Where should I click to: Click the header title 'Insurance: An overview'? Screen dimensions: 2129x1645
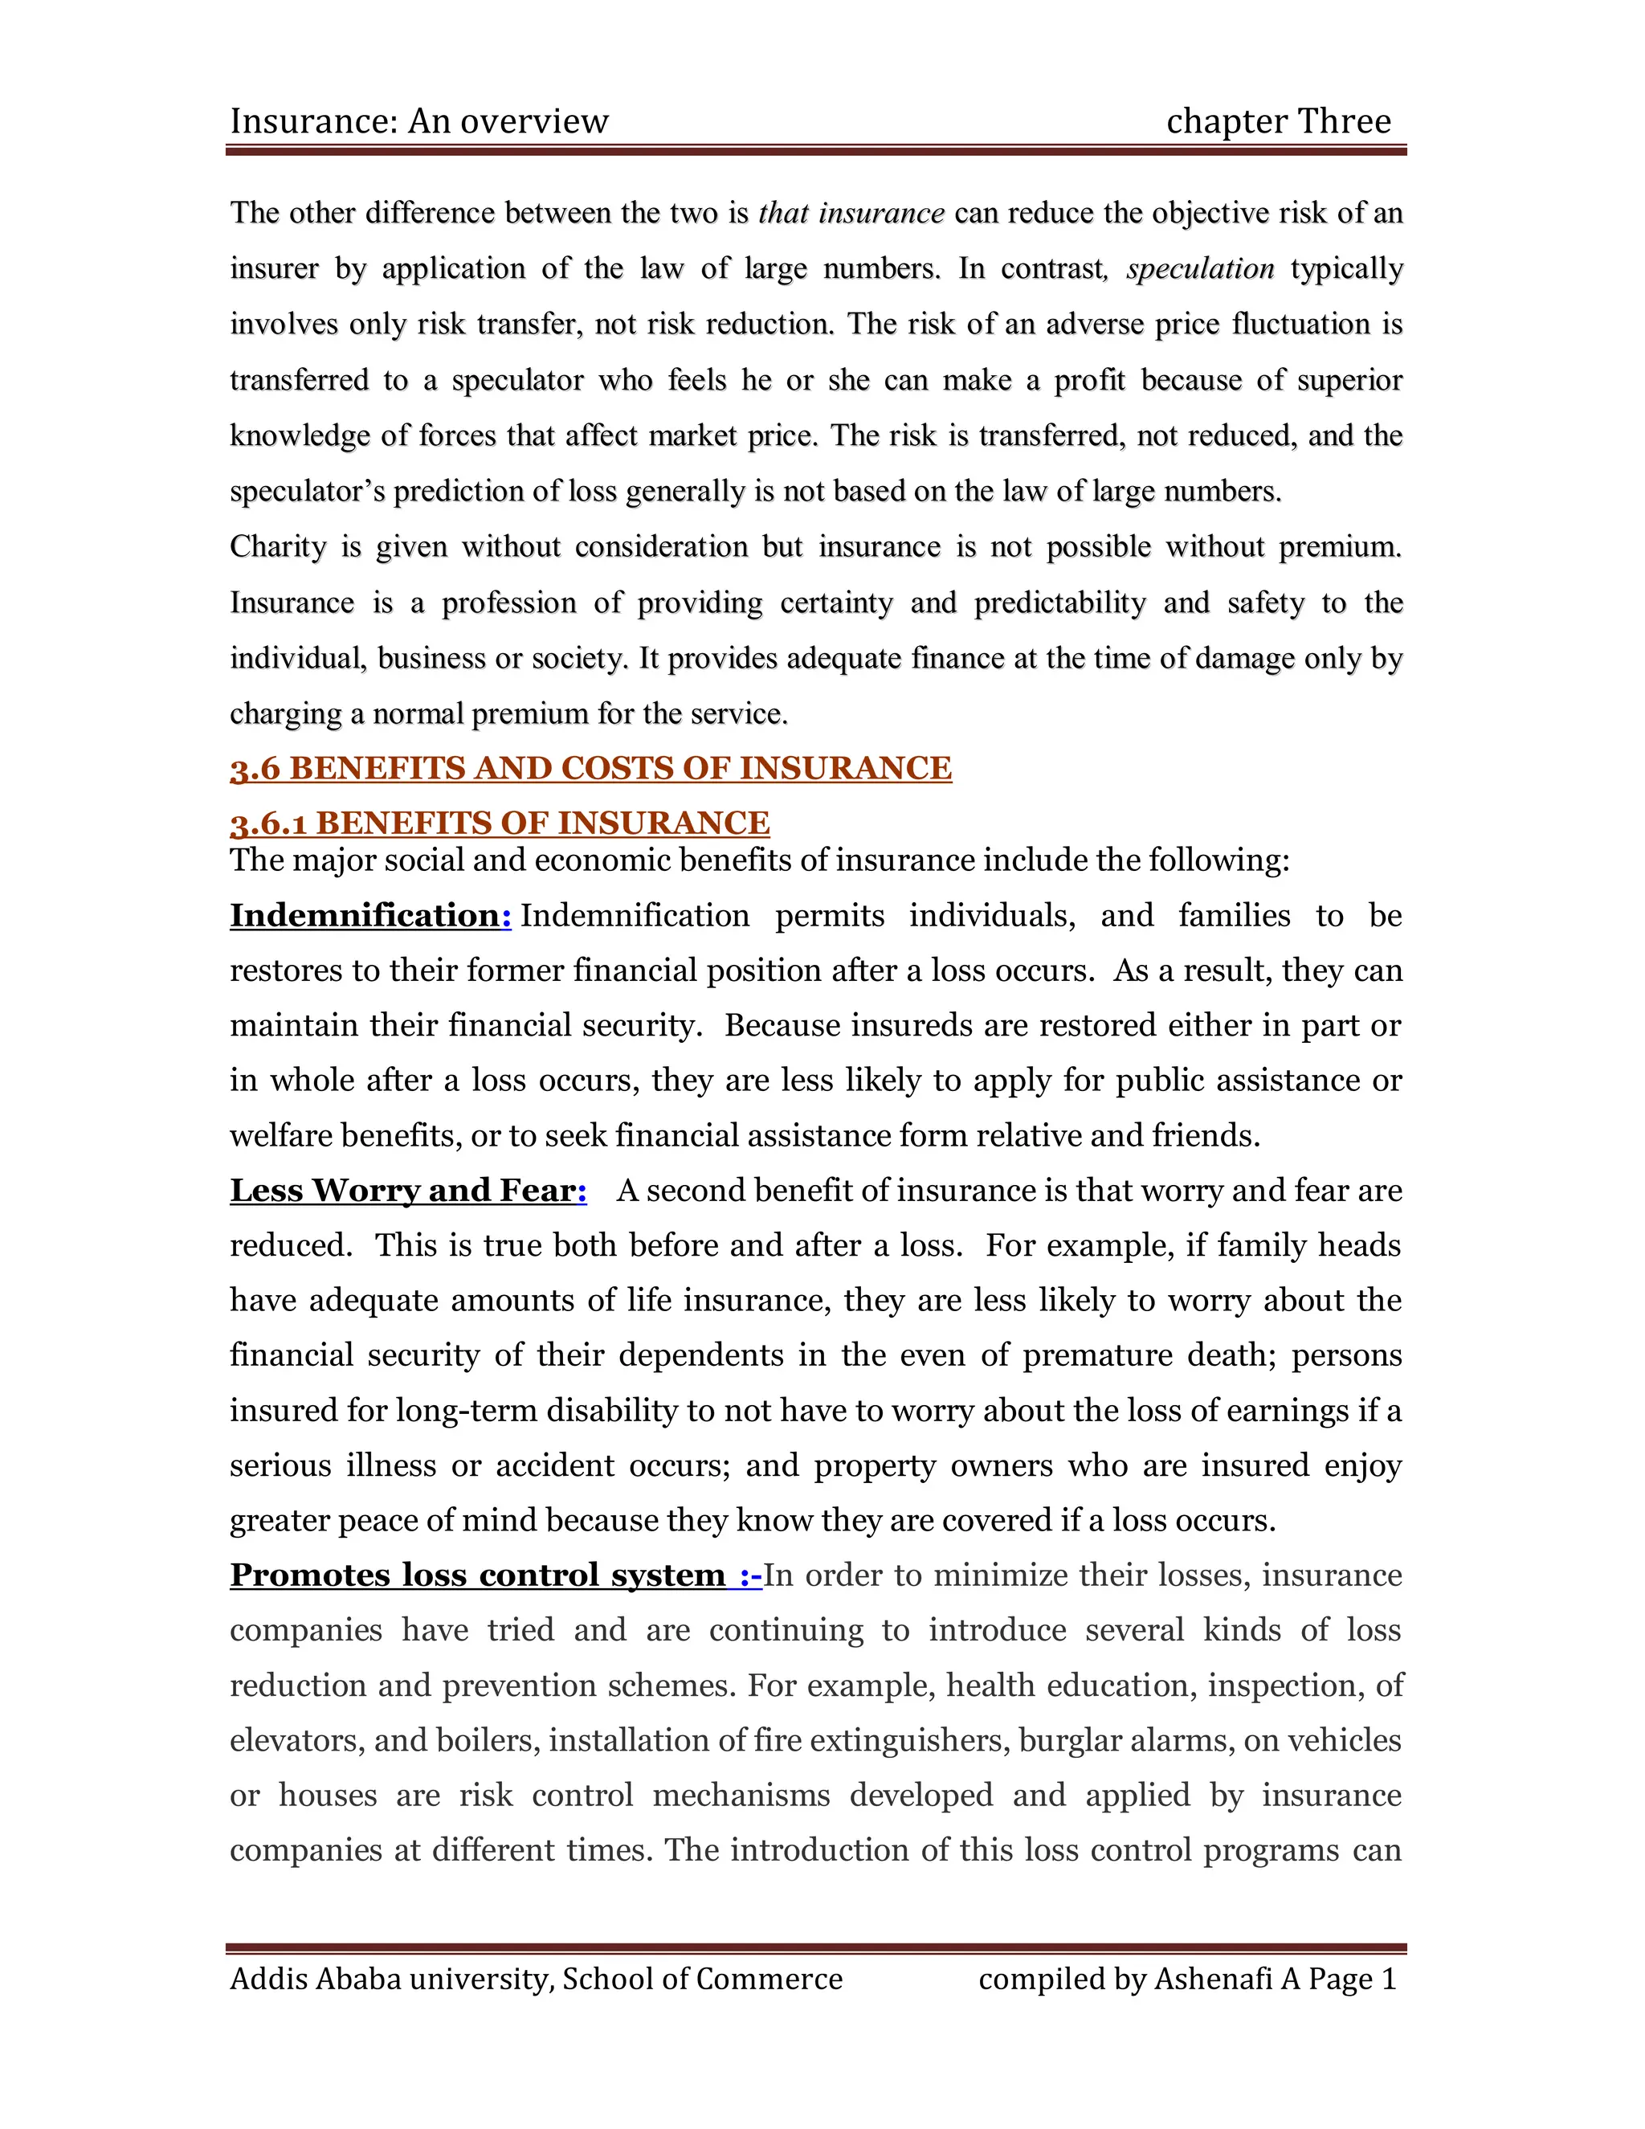[x=419, y=122]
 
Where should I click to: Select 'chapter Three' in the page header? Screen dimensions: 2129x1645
[x=1278, y=122]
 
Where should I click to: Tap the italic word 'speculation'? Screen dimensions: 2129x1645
[x=1200, y=269]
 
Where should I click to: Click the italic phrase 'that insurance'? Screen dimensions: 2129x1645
[x=851, y=214]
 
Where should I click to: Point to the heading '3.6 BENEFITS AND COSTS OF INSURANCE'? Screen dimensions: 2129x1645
[x=590, y=768]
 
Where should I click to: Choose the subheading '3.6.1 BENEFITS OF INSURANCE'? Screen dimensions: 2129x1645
[x=500, y=823]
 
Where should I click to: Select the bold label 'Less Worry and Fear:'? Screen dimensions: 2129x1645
[x=407, y=1191]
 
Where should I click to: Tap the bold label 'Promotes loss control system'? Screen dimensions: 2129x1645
[x=478, y=1575]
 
